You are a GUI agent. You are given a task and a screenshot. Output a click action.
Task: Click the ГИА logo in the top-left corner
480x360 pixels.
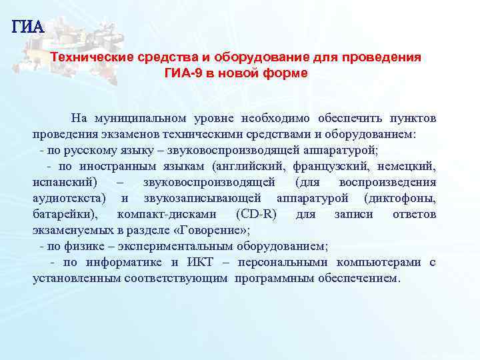(x=27, y=27)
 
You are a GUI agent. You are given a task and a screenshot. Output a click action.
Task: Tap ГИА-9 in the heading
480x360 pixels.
(x=183, y=73)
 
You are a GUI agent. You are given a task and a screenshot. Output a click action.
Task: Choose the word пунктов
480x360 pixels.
(x=410, y=118)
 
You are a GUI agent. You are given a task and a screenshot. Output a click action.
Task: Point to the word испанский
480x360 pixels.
(x=64, y=182)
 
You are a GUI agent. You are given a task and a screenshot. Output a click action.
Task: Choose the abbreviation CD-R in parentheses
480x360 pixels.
(x=257, y=214)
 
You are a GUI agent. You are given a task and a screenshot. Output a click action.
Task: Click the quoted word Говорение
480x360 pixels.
(x=213, y=230)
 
